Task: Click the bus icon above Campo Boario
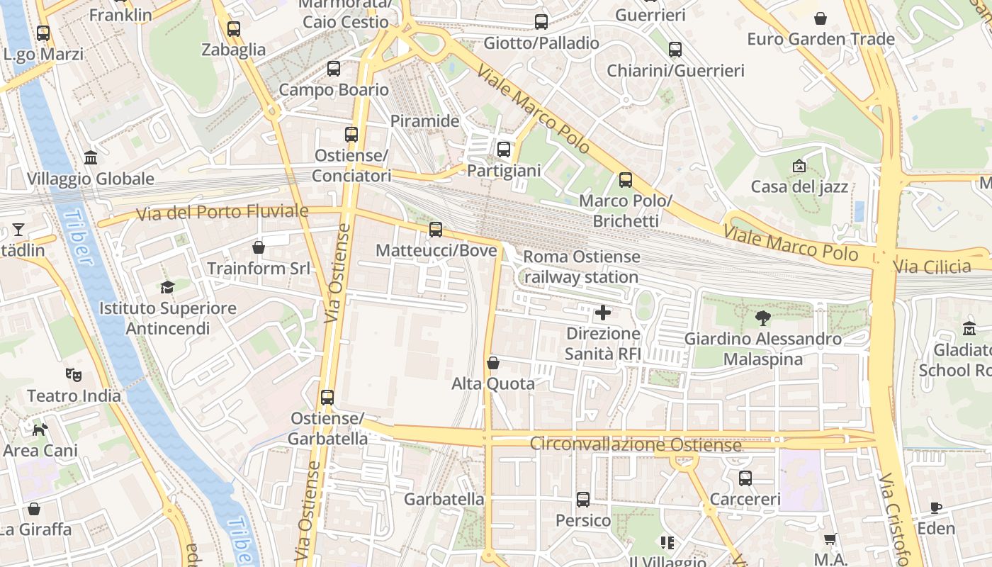(334, 69)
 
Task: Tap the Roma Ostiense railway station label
(581, 266)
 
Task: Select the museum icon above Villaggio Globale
(91, 157)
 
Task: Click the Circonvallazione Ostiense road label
(636, 444)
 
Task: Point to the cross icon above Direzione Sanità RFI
(603, 312)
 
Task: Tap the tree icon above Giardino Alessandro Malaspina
(762, 318)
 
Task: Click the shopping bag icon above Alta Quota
(493, 363)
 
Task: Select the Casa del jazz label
(799, 187)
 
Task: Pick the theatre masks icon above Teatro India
(72, 374)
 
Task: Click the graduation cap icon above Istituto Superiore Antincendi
(167, 287)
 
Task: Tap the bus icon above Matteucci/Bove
(436, 229)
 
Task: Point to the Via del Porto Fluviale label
(222, 211)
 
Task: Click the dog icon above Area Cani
(40, 430)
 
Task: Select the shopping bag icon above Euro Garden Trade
(821, 18)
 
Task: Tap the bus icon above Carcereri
(745, 478)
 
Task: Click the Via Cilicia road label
(932, 267)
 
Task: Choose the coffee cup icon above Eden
(936, 507)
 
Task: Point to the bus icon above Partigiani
(504, 150)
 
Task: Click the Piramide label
(425, 121)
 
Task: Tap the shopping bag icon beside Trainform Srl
(259, 247)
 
